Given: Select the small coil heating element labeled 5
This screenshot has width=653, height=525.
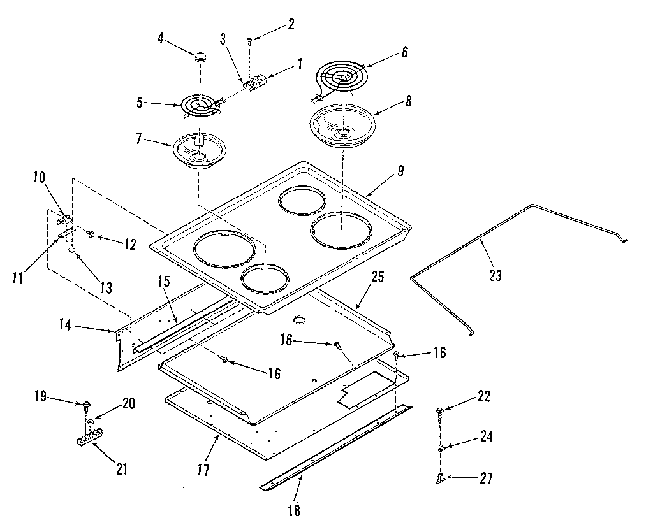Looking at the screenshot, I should pyautogui.click(x=200, y=105).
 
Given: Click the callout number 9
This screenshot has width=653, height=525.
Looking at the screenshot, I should pyautogui.click(x=400, y=171).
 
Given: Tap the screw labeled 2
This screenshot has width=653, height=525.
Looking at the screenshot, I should pyautogui.click(x=249, y=41).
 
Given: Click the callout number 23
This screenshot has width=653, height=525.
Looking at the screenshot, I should pyautogui.click(x=495, y=275).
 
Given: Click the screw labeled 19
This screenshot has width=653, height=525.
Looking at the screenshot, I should pyautogui.click(x=85, y=404).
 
